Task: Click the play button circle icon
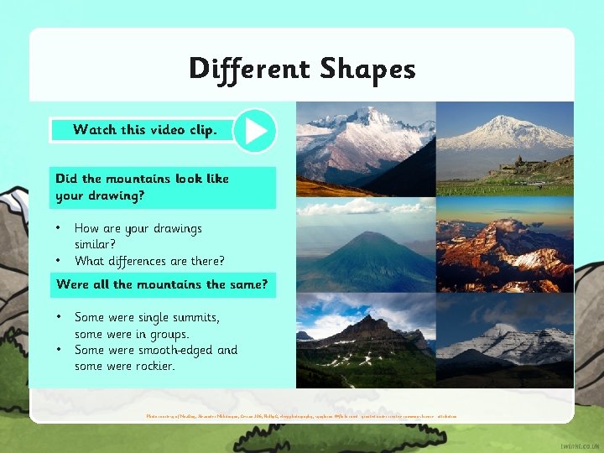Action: click(254, 131)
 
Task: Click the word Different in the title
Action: click(242, 69)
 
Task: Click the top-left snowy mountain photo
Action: click(366, 148)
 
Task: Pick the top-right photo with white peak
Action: click(505, 148)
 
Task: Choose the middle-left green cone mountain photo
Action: click(366, 244)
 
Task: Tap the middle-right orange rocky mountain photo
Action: click(505, 244)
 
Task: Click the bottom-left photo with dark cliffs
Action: click(366, 340)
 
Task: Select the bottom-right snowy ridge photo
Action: click(505, 340)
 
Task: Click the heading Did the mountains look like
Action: click(142, 179)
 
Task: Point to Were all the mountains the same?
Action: click(162, 284)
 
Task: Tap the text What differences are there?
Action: click(149, 260)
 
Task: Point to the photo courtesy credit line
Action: click(301, 416)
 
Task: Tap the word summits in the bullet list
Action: click(195, 317)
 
